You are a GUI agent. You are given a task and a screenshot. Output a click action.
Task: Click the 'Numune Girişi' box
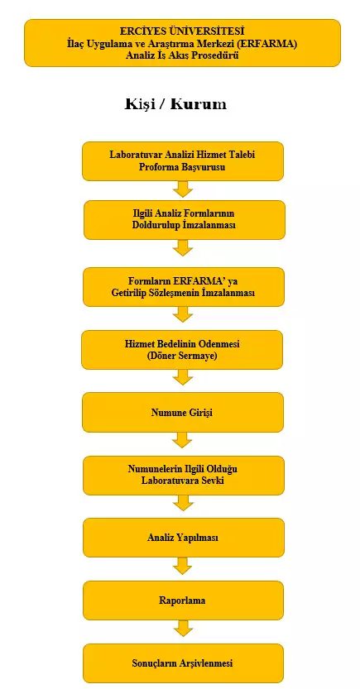pyautogui.click(x=183, y=412)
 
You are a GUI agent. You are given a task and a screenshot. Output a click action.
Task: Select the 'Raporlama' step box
pyautogui.click(x=183, y=600)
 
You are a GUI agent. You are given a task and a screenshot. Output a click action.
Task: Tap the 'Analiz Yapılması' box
pyautogui.click(x=183, y=538)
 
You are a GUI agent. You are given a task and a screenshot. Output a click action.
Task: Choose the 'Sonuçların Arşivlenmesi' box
pyautogui.click(x=183, y=663)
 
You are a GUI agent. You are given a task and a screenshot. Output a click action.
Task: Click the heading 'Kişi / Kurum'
pyautogui.click(x=175, y=104)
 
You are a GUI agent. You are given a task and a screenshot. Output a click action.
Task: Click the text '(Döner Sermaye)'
pyautogui.click(x=182, y=356)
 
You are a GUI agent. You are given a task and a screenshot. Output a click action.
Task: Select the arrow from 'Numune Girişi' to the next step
pyautogui.click(x=183, y=440)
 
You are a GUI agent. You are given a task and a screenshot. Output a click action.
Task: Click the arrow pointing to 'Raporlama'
pyautogui.click(x=183, y=566)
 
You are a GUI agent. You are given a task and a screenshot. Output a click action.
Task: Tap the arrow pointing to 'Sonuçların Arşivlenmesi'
pyautogui.click(x=183, y=629)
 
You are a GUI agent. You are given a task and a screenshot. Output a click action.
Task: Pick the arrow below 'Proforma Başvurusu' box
pyautogui.click(x=183, y=189)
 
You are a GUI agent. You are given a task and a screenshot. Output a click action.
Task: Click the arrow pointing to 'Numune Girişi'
pyautogui.click(x=183, y=377)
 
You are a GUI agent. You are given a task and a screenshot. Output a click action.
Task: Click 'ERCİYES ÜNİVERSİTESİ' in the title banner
pyautogui.click(x=182, y=31)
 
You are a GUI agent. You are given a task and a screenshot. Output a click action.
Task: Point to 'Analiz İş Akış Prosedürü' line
pyautogui.click(x=182, y=55)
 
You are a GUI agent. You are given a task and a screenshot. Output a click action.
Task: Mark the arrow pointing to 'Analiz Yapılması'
pyautogui.click(x=183, y=503)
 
